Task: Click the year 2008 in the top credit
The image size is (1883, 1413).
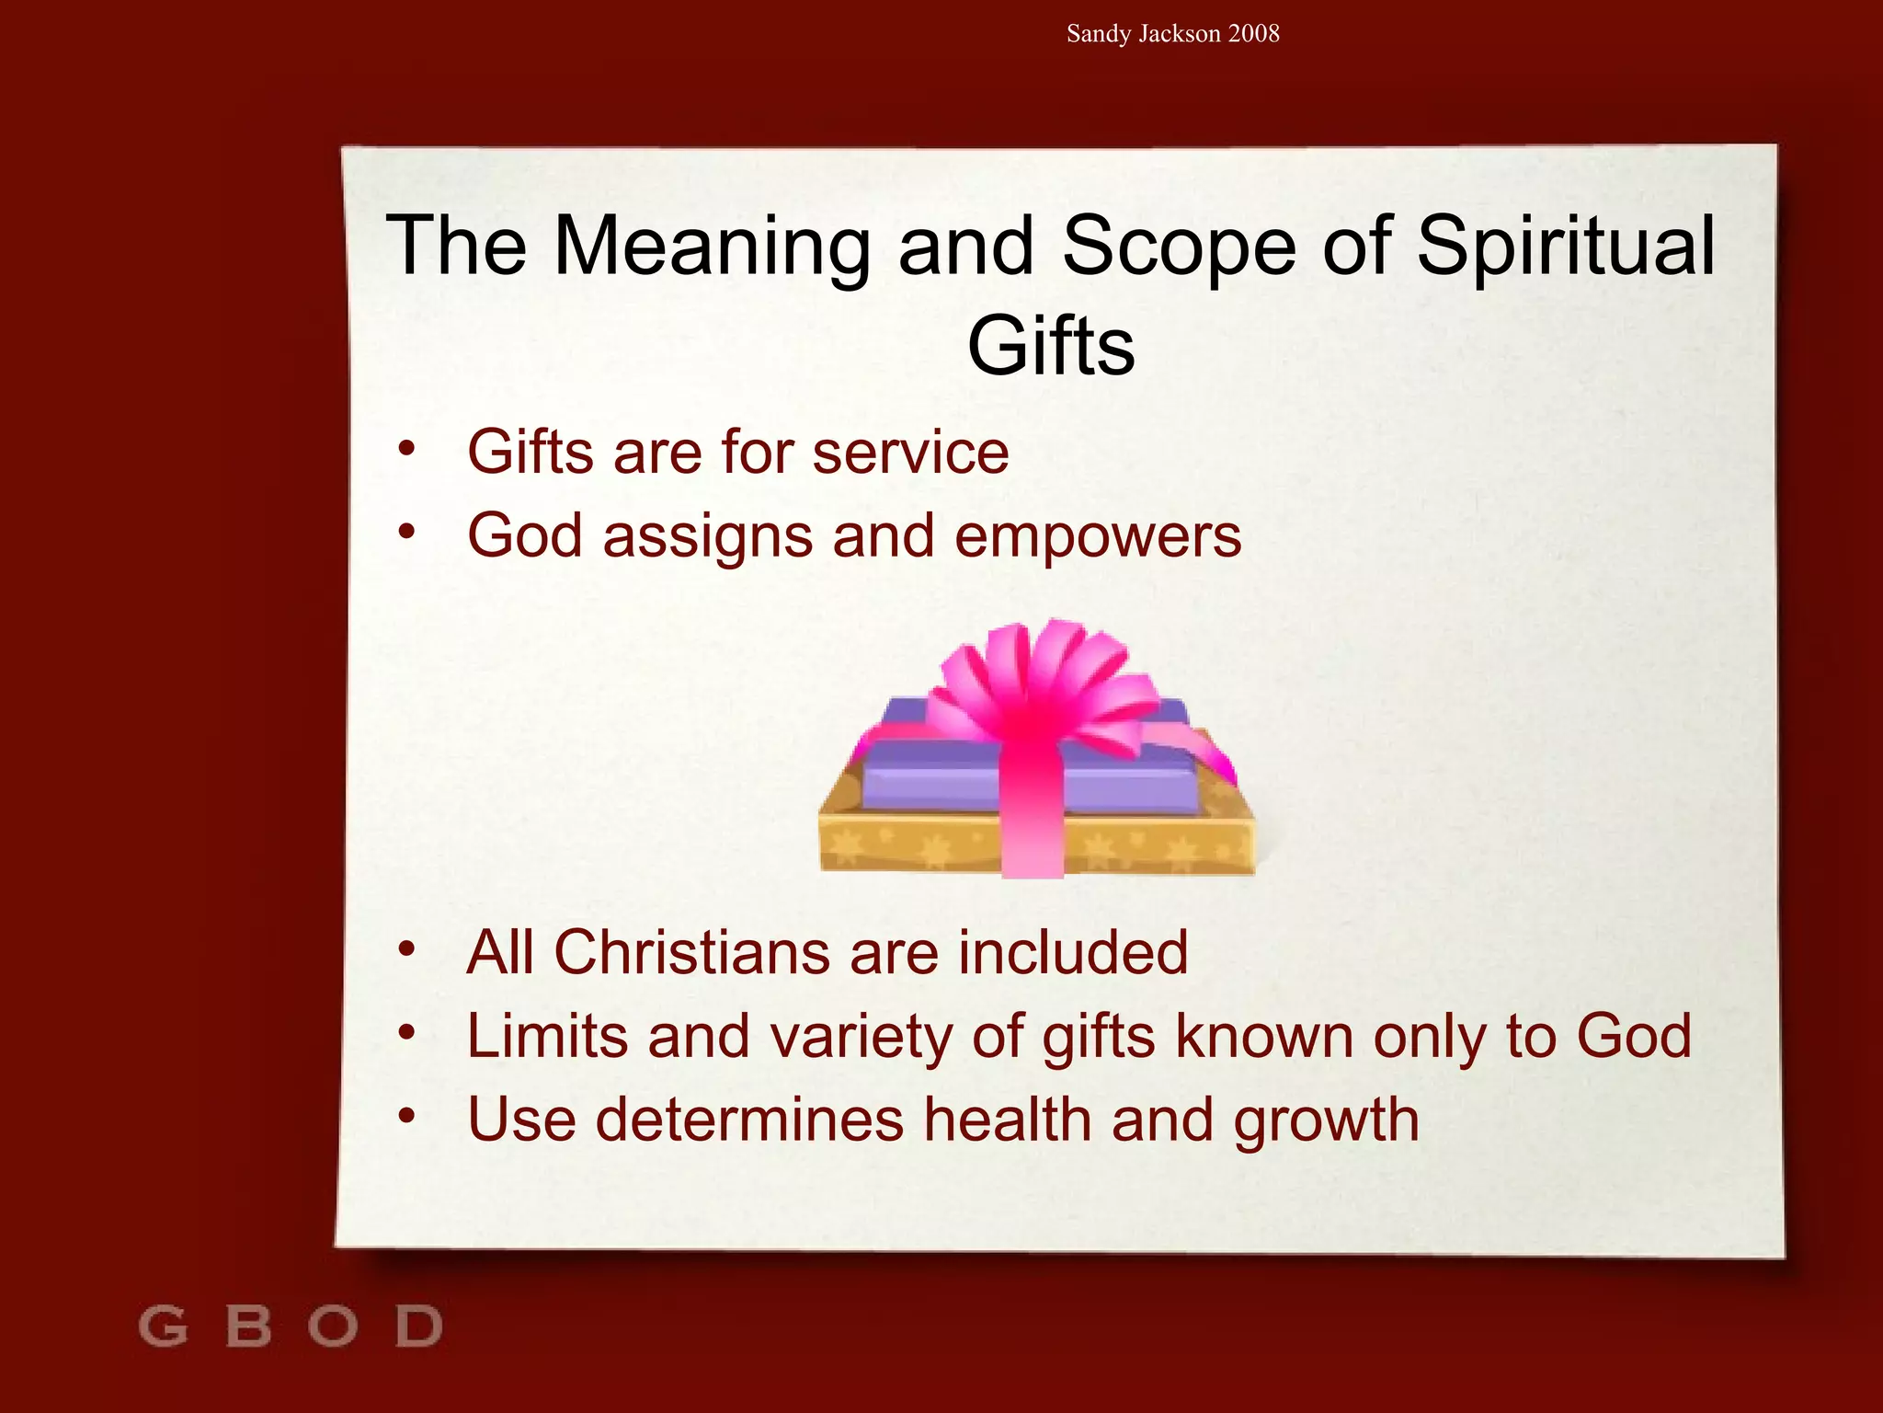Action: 1253,34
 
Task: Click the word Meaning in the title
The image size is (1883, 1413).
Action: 712,247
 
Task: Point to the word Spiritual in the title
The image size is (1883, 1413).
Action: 1566,247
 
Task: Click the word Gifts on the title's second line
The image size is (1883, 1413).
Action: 1051,347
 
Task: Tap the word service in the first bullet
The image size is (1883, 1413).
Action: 910,453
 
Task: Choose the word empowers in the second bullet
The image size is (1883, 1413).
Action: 1098,536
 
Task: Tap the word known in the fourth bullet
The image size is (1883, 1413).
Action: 1265,1037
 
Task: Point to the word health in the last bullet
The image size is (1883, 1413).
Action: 1008,1120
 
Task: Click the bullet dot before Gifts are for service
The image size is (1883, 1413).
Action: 407,449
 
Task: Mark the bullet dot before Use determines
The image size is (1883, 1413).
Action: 407,1116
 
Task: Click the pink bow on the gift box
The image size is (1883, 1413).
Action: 1039,681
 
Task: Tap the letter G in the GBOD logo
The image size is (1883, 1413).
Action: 163,1327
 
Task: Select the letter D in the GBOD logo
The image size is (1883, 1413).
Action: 419,1327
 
